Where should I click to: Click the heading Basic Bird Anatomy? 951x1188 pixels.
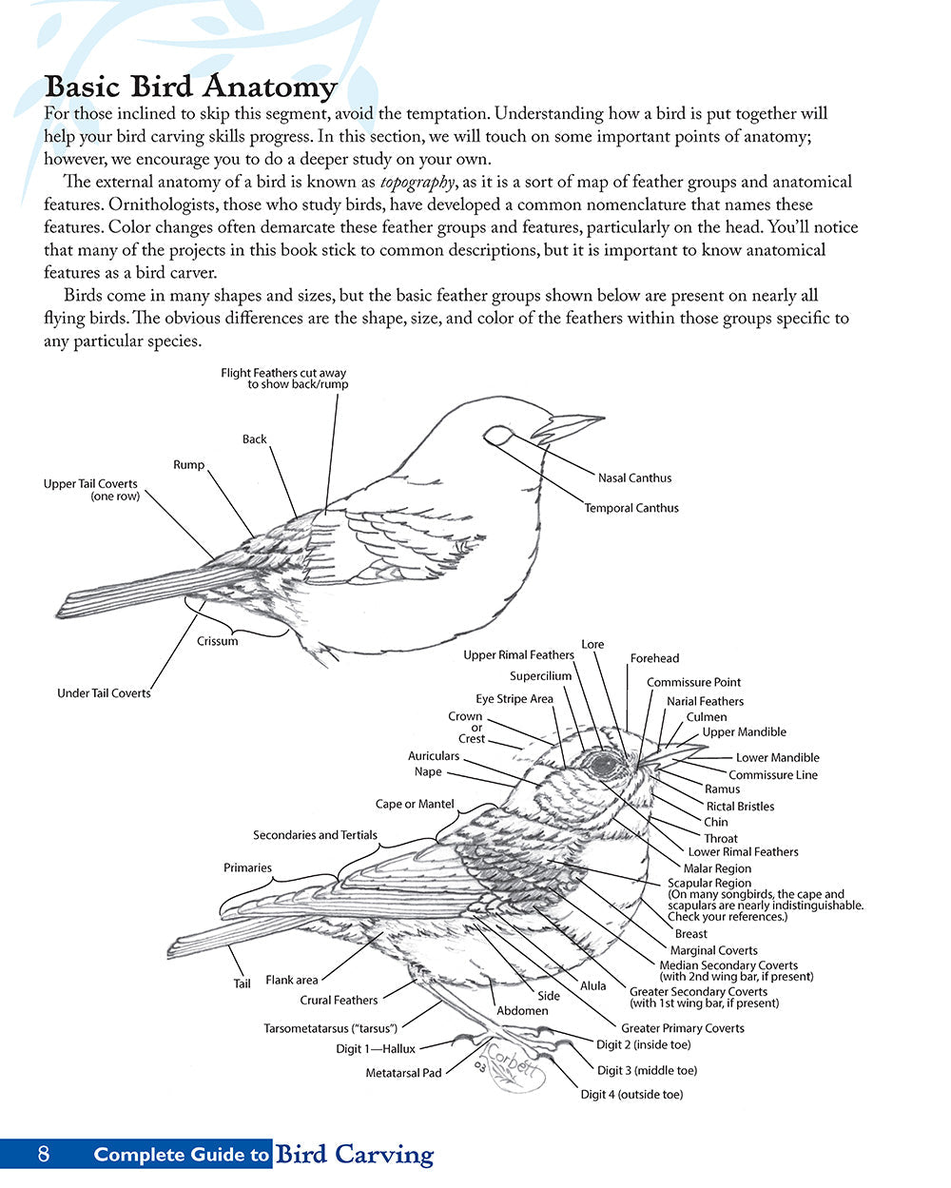(190, 87)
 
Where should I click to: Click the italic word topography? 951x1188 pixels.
(417, 182)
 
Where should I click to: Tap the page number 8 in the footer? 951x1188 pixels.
(43, 1155)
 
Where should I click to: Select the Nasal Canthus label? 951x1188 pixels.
(634, 477)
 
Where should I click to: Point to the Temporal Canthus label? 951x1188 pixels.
(631, 508)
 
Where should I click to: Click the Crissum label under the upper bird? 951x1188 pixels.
(218, 641)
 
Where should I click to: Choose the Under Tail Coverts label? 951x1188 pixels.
(104, 693)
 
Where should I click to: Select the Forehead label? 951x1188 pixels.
(654, 658)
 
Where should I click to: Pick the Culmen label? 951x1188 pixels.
(707, 717)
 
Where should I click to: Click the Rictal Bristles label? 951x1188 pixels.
(740, 807)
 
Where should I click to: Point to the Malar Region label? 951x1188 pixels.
(717, 868)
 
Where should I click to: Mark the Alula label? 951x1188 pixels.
(593, 985)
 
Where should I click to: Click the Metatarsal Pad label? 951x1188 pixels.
(403, 1073)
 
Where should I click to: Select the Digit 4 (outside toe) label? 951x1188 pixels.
(631, 1095)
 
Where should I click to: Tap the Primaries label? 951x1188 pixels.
(247, 867)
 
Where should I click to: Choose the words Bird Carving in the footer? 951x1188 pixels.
(354, 1155)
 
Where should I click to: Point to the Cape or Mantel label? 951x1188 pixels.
(415, 804)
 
